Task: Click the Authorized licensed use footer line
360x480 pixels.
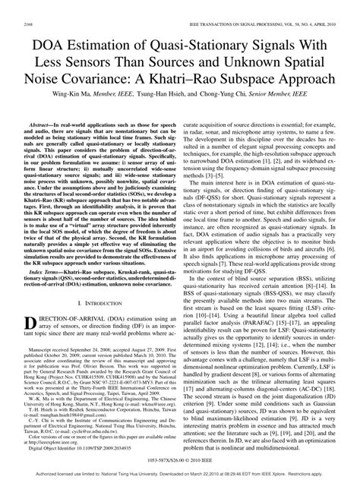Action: (x=179, y=472)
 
